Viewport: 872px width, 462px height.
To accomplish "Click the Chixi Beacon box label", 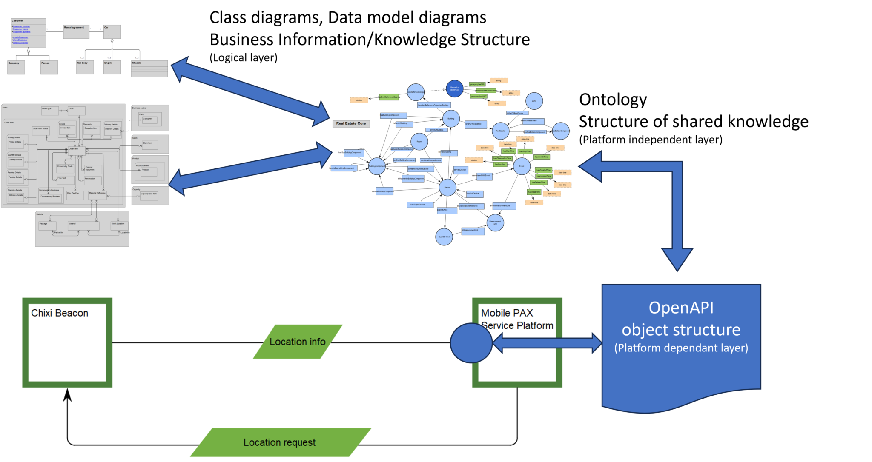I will coord(60,313).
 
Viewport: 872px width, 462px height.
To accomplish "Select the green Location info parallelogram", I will coord(298,342).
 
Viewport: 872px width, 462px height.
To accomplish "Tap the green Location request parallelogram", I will coord(280,442).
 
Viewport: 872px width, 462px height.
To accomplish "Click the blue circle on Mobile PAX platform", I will coord(471,343).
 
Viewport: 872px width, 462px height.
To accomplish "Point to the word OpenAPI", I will coord(681,308).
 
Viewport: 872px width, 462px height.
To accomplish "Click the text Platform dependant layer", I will coord(681,348).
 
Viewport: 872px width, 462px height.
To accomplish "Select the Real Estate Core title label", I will coord(351,123).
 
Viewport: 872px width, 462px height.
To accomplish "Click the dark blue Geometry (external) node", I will coord(454,88).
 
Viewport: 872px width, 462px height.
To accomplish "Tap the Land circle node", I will coord(534,101).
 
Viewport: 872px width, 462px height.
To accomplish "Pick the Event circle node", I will coord(522,166).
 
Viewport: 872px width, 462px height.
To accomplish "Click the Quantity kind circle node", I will coord(444,237).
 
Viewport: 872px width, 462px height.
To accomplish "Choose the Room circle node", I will coord(419,141).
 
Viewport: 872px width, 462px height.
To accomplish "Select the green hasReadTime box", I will coord(534,192).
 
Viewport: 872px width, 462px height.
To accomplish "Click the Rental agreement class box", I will coord(76,32).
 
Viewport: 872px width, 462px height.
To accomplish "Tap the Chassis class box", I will coord(149,68).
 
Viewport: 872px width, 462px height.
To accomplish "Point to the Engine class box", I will coord(112,67).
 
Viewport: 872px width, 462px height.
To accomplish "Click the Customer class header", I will coord(29,21).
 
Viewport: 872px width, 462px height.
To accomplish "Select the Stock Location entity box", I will coord(119,225).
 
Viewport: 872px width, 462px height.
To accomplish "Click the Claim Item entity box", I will coord(149,145).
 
